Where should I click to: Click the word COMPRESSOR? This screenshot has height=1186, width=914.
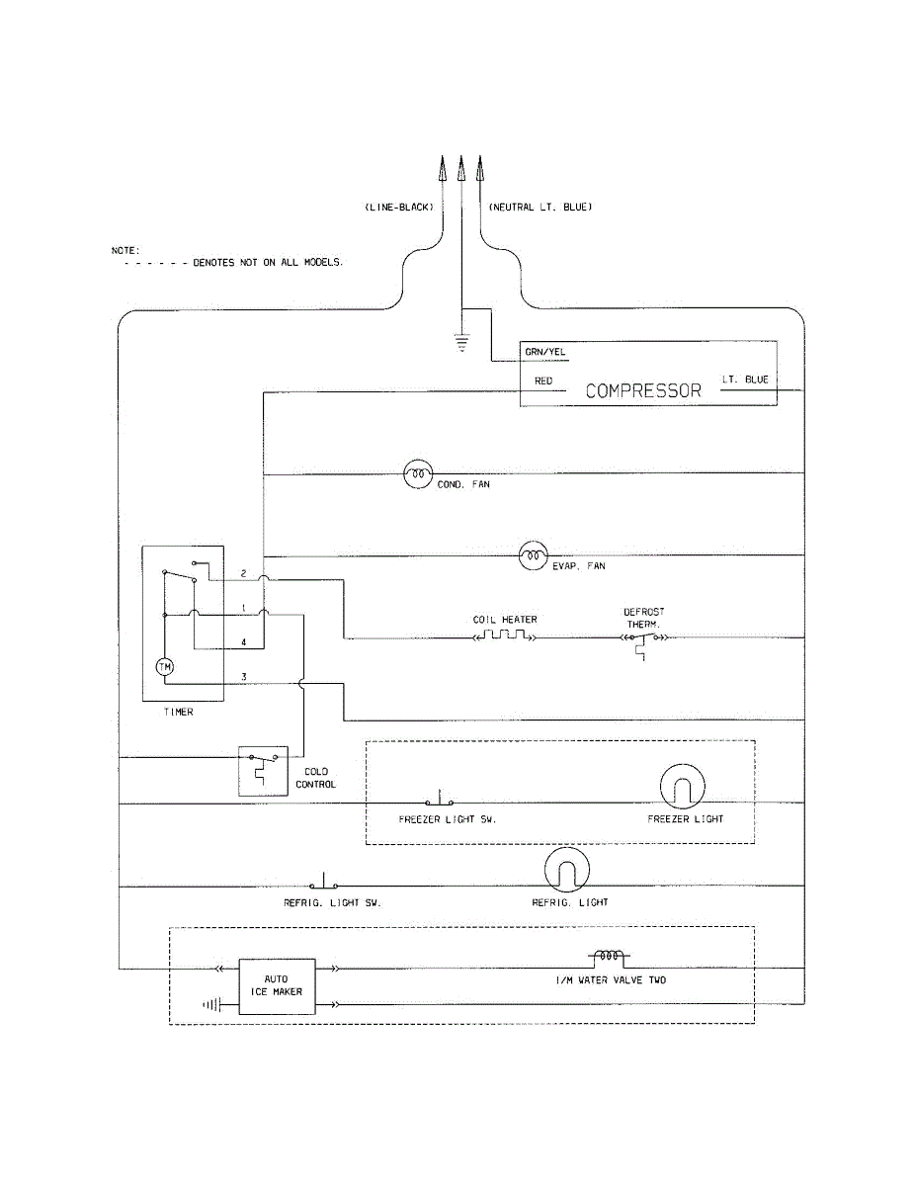click(643, 390)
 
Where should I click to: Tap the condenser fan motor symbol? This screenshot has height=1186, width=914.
click(418, 473)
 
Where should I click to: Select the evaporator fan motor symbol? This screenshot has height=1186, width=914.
click(533, 555)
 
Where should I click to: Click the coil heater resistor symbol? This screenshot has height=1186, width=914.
click(505, 635)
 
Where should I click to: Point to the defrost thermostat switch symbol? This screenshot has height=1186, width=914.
click(644, 644)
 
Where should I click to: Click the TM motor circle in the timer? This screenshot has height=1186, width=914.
click(165, 666)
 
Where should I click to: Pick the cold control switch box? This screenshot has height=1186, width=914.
click(263, 771)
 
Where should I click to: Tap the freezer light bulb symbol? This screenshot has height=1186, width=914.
click(682, 786)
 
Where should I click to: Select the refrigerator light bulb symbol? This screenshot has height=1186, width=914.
click(567, 870)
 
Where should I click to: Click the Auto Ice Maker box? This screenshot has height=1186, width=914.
click(278, 986)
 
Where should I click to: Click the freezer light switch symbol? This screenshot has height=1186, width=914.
click(440, 798)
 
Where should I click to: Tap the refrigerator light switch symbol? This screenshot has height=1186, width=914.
click(323, 881)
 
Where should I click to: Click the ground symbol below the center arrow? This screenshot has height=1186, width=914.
click(461, 342)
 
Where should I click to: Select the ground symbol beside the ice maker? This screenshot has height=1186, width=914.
click(211, 1004)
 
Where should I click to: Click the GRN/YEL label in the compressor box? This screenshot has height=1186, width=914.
click(544, 352)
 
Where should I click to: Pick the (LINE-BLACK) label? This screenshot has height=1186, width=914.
click(399, 208)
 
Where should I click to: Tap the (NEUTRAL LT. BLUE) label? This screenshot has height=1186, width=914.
click(540, 207)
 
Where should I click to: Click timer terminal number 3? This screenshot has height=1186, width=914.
click(244, 677)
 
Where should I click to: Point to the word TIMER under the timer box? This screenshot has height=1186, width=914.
click(179, 712)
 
